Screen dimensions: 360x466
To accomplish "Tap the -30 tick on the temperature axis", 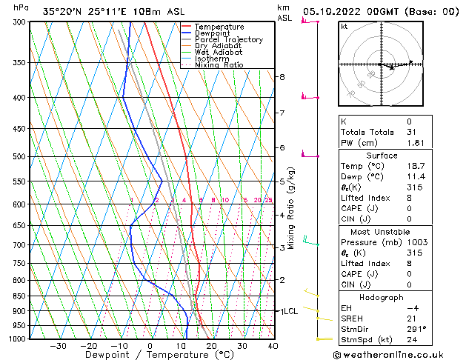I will [x=58, y=346].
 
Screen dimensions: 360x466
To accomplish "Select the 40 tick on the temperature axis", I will [x=273, y=346].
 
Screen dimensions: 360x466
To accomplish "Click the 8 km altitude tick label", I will [x=282, y=77].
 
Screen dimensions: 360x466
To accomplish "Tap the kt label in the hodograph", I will [x=344, y=27].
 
